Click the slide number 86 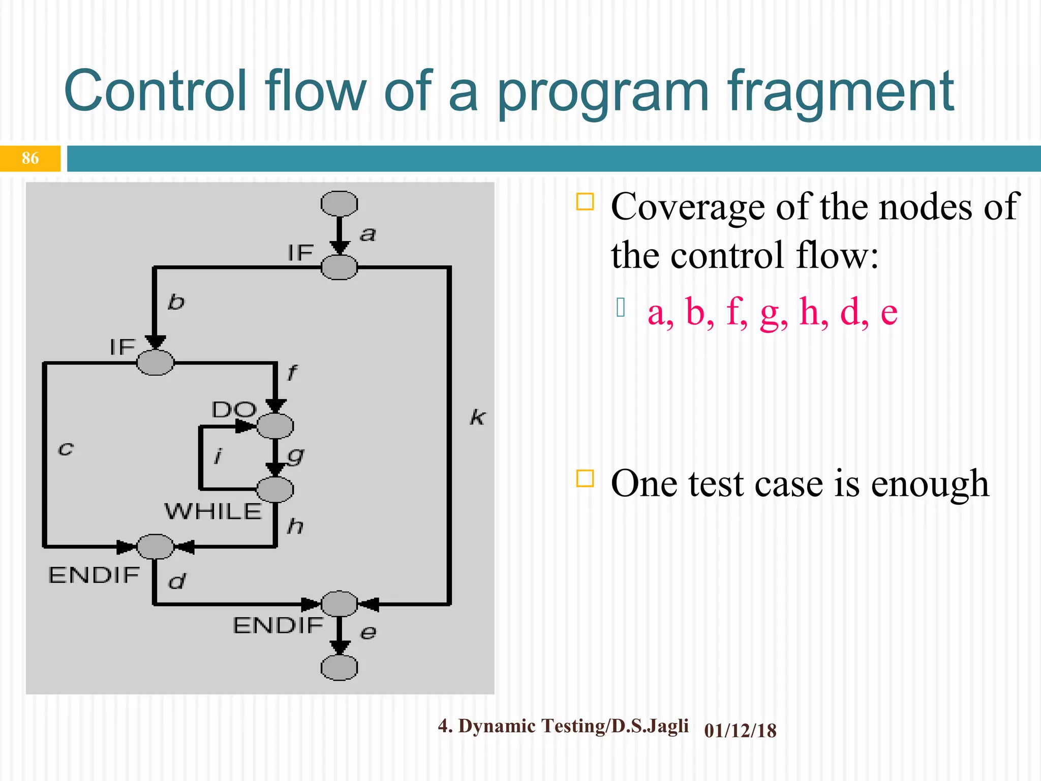(x=30, y=158)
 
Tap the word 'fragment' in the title (x=841, y=92)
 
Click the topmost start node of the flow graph (x=339, y=204)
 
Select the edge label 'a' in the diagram (x=368, y=234)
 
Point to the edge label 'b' (x=176, y=302)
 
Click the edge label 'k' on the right (x=477, y=417)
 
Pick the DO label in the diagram (x=234, y=409)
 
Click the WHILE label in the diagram (x=213, y=511)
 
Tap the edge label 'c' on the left (x=66, y=449)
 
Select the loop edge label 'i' (x=218, y=456)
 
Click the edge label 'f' (x=292, y=373)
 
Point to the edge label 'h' (x=295, y=526)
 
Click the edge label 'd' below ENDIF (x=177, y=581)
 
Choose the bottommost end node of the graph (x=339, y=668)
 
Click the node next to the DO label (x=275, y=426)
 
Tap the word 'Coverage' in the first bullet (x=688, y=207)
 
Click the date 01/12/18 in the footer (x=740, y=731)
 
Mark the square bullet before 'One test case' (x=585, y=478)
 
